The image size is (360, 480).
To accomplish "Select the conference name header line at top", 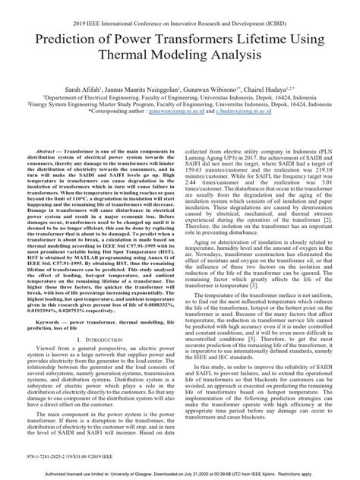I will click(180, 9).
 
